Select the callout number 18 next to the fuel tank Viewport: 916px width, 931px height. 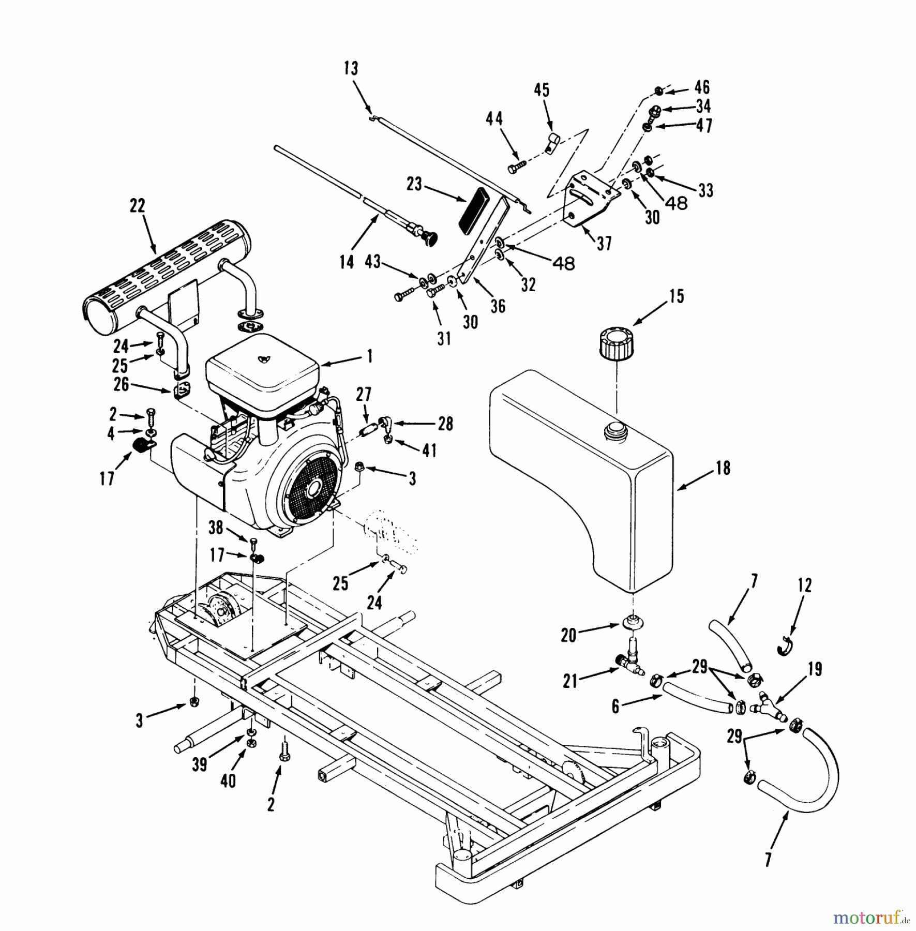pos(723,468)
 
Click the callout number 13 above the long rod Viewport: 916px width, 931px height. pos(351,68)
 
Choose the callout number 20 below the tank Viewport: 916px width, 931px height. pos(568,635)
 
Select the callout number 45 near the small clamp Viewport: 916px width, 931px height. pos(541,90)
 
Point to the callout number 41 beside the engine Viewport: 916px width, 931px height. pos(429,450)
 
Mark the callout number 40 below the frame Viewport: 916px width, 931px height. pos(228,780)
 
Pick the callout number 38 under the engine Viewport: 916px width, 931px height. pos(216,528)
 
